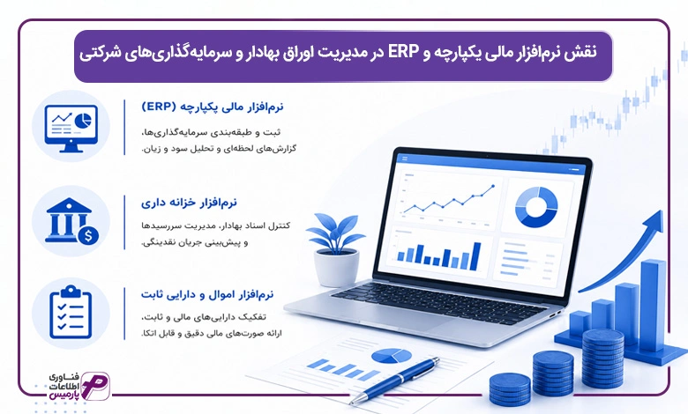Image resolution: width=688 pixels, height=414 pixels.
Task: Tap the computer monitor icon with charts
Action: (71, 126)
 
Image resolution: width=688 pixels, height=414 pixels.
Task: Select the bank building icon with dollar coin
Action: (71, 221)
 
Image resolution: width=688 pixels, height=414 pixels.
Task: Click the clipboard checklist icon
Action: (71, 312)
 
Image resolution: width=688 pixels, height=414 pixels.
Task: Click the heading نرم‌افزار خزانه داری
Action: (189, 203)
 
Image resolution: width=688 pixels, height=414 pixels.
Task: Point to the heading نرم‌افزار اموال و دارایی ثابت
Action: (207, 294)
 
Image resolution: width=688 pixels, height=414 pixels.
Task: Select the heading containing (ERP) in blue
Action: (213, 107)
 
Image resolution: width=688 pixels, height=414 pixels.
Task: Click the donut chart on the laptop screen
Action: (536, 207)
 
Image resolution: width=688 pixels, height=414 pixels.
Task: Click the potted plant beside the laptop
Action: (336, 248)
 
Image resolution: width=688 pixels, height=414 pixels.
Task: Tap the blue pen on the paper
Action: (394, 381)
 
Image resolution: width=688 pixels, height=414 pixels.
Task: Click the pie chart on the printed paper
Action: (392, 356)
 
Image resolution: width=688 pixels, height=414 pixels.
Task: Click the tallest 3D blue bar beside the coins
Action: (653, 305)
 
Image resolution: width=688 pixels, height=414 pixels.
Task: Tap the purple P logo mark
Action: (94, 386)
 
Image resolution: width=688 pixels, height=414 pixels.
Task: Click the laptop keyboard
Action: (437, 302)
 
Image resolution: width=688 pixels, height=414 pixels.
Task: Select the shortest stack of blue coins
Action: (510, 389)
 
